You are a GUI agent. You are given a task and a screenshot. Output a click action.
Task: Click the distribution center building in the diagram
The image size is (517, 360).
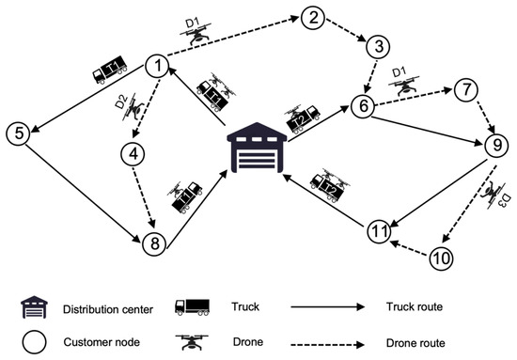point(258,148)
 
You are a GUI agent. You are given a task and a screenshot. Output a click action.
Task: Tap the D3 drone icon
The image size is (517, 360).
point(493,195)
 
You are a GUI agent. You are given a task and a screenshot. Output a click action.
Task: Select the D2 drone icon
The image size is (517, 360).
point(133,107)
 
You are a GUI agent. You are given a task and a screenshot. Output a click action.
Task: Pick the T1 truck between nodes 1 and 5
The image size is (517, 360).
point(110,69)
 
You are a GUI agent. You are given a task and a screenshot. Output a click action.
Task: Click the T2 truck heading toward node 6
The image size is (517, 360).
point(303,119)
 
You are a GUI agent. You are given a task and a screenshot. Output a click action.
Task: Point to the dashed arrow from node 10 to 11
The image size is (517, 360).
point(410,248)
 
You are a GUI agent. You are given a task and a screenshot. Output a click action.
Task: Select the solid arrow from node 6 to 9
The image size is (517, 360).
point(427,131)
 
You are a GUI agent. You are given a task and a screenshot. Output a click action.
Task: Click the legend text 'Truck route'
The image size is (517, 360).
point(415,307)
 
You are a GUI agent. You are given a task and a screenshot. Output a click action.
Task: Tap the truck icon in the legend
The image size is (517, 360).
point(192,307)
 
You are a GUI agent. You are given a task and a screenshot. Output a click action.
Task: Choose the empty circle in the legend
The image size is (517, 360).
point(34,342)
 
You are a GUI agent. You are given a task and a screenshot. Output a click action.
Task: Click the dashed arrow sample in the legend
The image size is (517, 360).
point(328,345)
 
